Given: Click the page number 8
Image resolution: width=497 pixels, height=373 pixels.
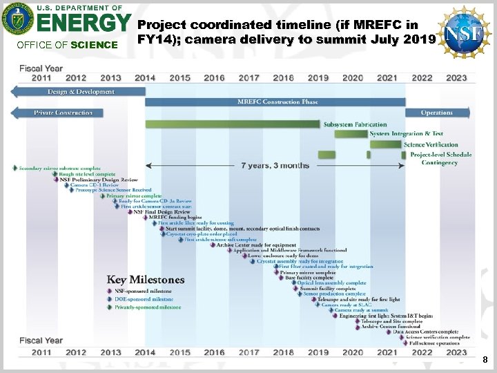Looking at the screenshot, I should (485, 360).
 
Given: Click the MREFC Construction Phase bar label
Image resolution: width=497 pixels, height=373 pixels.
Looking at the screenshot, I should (277, 102).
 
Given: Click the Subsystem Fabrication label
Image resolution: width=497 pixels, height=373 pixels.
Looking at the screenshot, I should (355, 124).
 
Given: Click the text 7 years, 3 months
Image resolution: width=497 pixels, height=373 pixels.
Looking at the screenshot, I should (275, 166).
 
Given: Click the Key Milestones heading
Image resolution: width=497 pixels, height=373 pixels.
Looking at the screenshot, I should (146, 280).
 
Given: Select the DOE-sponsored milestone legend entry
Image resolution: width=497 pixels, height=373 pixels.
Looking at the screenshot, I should (142, 299).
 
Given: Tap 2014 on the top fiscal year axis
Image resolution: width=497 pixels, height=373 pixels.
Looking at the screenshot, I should (145, 78).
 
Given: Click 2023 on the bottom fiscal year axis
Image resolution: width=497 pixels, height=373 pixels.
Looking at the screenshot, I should (456, 352).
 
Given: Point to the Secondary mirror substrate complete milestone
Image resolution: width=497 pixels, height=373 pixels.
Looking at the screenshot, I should (59, 168).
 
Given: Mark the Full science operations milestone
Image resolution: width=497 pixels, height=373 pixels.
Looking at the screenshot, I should (433, 343).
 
